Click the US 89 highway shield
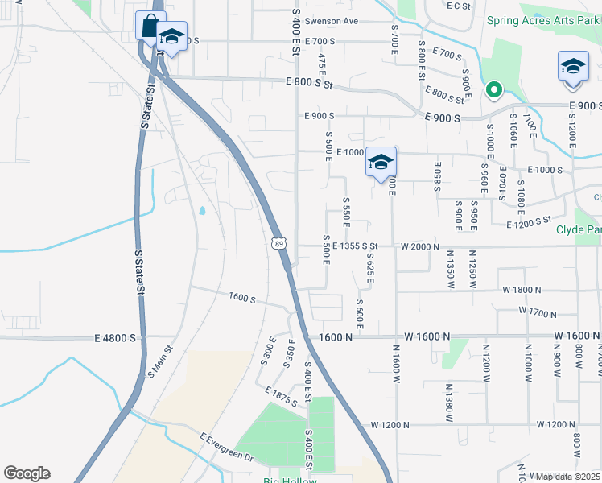point(278,242)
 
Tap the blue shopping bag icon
point(150,26)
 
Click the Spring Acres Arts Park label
point(543,21)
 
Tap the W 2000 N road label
point(420,246)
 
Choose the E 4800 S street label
point(114,338)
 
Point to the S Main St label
point(160,362)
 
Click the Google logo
point(27,473)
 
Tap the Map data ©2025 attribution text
point(568,477)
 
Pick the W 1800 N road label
point(523,289)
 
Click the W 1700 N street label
point(540,311)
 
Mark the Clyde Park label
point(579,229)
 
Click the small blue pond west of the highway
point(201,212)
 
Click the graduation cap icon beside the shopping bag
point(171,37)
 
